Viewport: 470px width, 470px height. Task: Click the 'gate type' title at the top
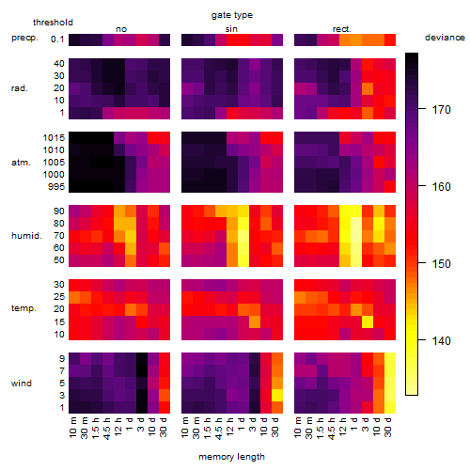click(x=232, y=15)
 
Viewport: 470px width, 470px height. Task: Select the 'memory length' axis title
click(x=231, y=457)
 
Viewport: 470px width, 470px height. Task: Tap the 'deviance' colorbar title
click(x=445, y=38)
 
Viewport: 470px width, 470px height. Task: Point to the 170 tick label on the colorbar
click(x=441, y=110)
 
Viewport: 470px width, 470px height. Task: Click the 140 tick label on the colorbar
click(x=441, y=340)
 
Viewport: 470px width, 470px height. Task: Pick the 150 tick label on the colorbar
click(x=441, y=264)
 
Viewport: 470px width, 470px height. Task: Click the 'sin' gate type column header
click(x=231, y=29)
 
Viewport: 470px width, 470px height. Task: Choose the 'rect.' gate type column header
click(x=342, y=29)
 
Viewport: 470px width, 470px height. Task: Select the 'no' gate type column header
click(x=121, y=29)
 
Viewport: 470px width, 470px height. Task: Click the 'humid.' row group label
click(x=26, y=236)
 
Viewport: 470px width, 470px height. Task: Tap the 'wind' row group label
click(x=22, y=384)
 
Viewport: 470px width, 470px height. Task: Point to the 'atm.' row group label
click(x=21, y=163)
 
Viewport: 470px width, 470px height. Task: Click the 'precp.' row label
click(x=24, y=39)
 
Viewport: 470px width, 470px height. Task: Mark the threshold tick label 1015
click(x=54, y=138)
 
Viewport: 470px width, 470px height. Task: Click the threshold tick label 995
click(x=56, y=187)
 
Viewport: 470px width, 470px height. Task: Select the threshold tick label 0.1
click(x=57, y=39)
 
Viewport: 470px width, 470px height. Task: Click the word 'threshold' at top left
click(x=53, y=23)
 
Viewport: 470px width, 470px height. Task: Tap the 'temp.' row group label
click(x=23, y=308)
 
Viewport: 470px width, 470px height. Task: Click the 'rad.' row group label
click(x=20, y=88)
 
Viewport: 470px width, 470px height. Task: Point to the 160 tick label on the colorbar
click(x=441, y=187)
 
